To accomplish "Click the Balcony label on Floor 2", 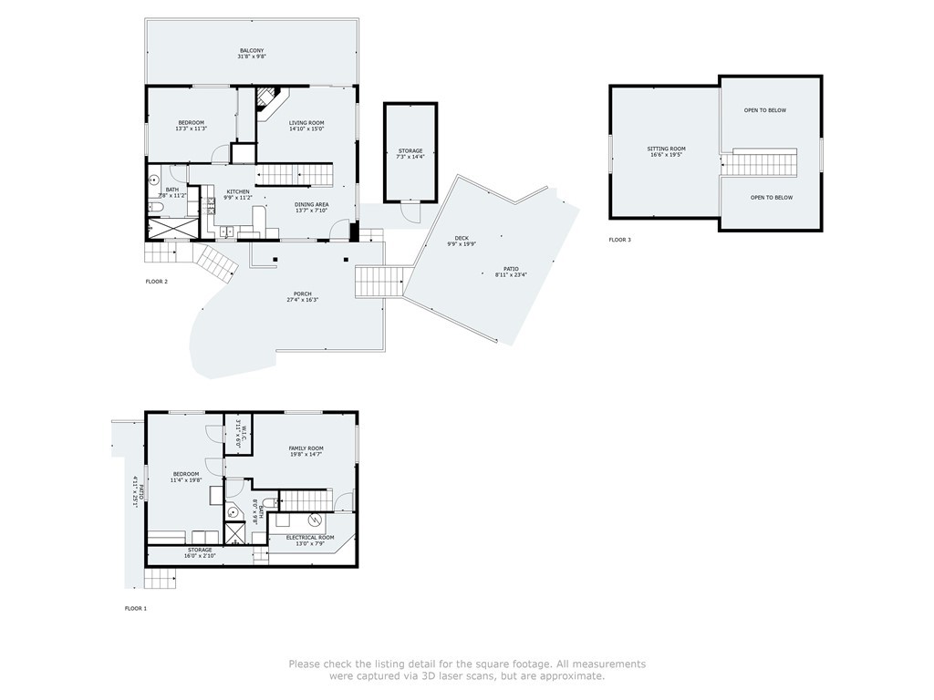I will click(x=252, y=51).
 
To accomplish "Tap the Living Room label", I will click(x=306, y=123).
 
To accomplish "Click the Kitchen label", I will click(x=237, y=192).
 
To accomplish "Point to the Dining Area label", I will click(x=311, y=205).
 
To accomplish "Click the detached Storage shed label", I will click(x=410, y=151).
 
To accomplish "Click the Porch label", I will click(x=302, y=293).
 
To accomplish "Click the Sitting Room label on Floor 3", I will click(x=666, y=149).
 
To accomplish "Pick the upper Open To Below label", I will click(x=764, y=110).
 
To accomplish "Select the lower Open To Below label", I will click(x=771, y=198).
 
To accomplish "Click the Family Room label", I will click(x=306, y=448).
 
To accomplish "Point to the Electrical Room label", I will click(x=310, y=538).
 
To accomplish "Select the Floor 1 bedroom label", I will click(x=186, y=474).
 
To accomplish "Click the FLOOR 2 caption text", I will click(x=156, y=282).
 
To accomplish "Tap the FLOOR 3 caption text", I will click(x=619, y=240).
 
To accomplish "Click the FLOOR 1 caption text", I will click(x=135, y=607).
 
